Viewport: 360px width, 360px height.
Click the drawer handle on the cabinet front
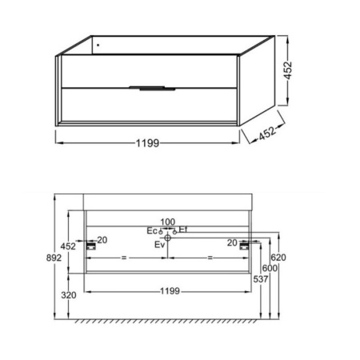tap(152, 88)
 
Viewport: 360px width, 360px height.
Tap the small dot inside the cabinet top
tap(98, 45)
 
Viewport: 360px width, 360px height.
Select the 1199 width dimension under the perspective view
tap(147, 143)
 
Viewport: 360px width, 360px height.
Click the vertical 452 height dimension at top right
tap(288, 70)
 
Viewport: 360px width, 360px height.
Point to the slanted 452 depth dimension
tap(266, 134)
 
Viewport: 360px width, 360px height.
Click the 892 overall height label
tap(54, 258)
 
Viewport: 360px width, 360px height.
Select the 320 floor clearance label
tap(69, 295)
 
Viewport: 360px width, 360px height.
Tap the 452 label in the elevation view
tap(68, 246)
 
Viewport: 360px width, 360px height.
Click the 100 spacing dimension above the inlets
tap(168, 222)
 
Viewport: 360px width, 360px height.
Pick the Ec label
tap(152, 231)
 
